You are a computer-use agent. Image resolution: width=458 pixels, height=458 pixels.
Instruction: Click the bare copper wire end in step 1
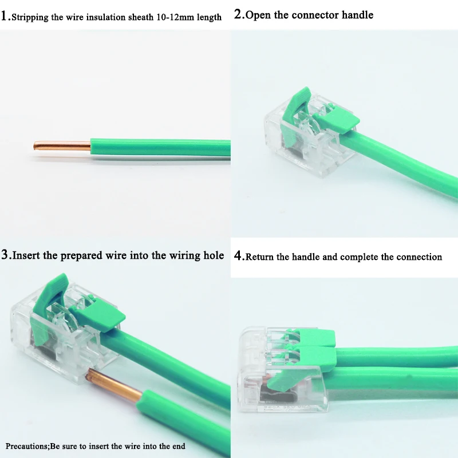coord(62,146)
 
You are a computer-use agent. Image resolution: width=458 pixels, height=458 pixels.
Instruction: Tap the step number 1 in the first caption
coord(4,16)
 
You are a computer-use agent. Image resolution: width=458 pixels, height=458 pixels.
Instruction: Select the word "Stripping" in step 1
coord(30,18)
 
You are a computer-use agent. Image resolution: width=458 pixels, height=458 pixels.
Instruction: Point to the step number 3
coord(5,255)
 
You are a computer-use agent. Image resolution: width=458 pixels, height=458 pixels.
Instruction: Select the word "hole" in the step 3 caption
coord(214,255)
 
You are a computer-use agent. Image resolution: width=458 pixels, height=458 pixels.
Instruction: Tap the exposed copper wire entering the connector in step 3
coord(116,385)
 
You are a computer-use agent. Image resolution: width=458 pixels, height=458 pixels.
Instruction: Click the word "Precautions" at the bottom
coord(27,447)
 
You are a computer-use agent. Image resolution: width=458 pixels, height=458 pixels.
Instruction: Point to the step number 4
coord(238,255)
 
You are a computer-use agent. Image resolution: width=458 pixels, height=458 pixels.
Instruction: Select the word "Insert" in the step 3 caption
coord(26,255)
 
